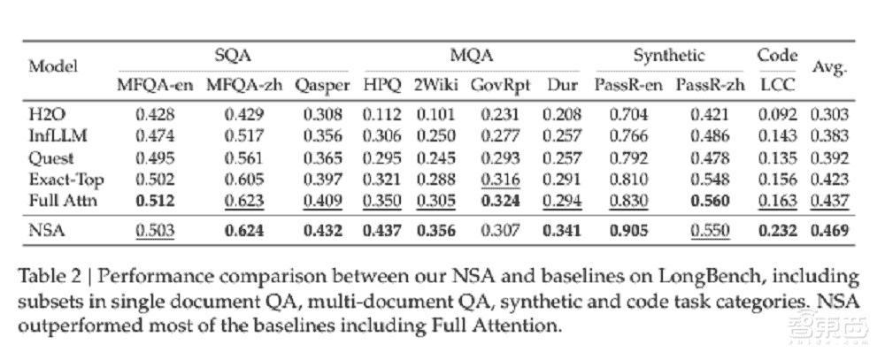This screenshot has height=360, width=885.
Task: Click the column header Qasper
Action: click(x=320, y=86)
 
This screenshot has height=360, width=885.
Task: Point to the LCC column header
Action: click(x=777, y=86)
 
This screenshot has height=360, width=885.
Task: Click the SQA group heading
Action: click(x=235, y=55)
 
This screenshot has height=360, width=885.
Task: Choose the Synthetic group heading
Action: click(x=669, y=55)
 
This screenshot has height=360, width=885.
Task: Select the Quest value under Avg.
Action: click(x=831, y=157)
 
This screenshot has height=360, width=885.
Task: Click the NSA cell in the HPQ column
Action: click(x=382, y=231)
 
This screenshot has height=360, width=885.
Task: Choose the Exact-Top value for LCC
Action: click(x=777, y=180)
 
